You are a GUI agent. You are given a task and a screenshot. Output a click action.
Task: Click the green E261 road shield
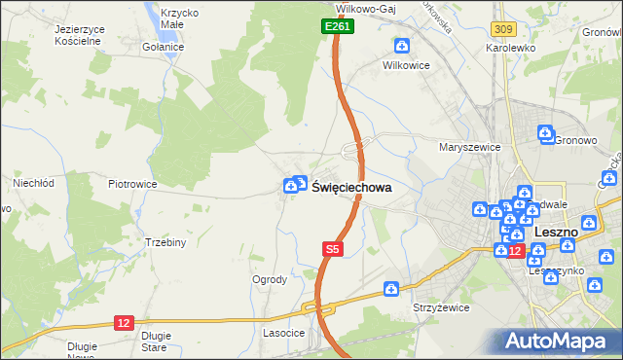coord(338,27)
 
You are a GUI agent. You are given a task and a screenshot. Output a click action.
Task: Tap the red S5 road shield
coord(333,249)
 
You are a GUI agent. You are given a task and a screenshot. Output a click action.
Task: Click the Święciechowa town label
coord(351,188)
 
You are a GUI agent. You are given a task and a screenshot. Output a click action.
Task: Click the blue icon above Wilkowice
coord(402,45)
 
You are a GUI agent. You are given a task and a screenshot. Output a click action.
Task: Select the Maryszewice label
coord(469,147)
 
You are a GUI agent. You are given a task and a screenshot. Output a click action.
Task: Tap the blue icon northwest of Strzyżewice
coord(391,288)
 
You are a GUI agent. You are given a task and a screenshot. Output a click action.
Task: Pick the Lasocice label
coord(283,333)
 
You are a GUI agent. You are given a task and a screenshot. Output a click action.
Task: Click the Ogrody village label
coord(270,279)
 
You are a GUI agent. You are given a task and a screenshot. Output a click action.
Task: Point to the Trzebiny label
coord(165,242)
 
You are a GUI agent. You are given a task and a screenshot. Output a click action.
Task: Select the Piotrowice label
coord(132,183)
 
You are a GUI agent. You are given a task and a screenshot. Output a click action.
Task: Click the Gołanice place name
coord(162,47)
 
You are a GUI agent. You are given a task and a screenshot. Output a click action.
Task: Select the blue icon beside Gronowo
coord(546,131)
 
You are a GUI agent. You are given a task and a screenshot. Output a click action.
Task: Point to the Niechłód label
coord(32,182)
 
